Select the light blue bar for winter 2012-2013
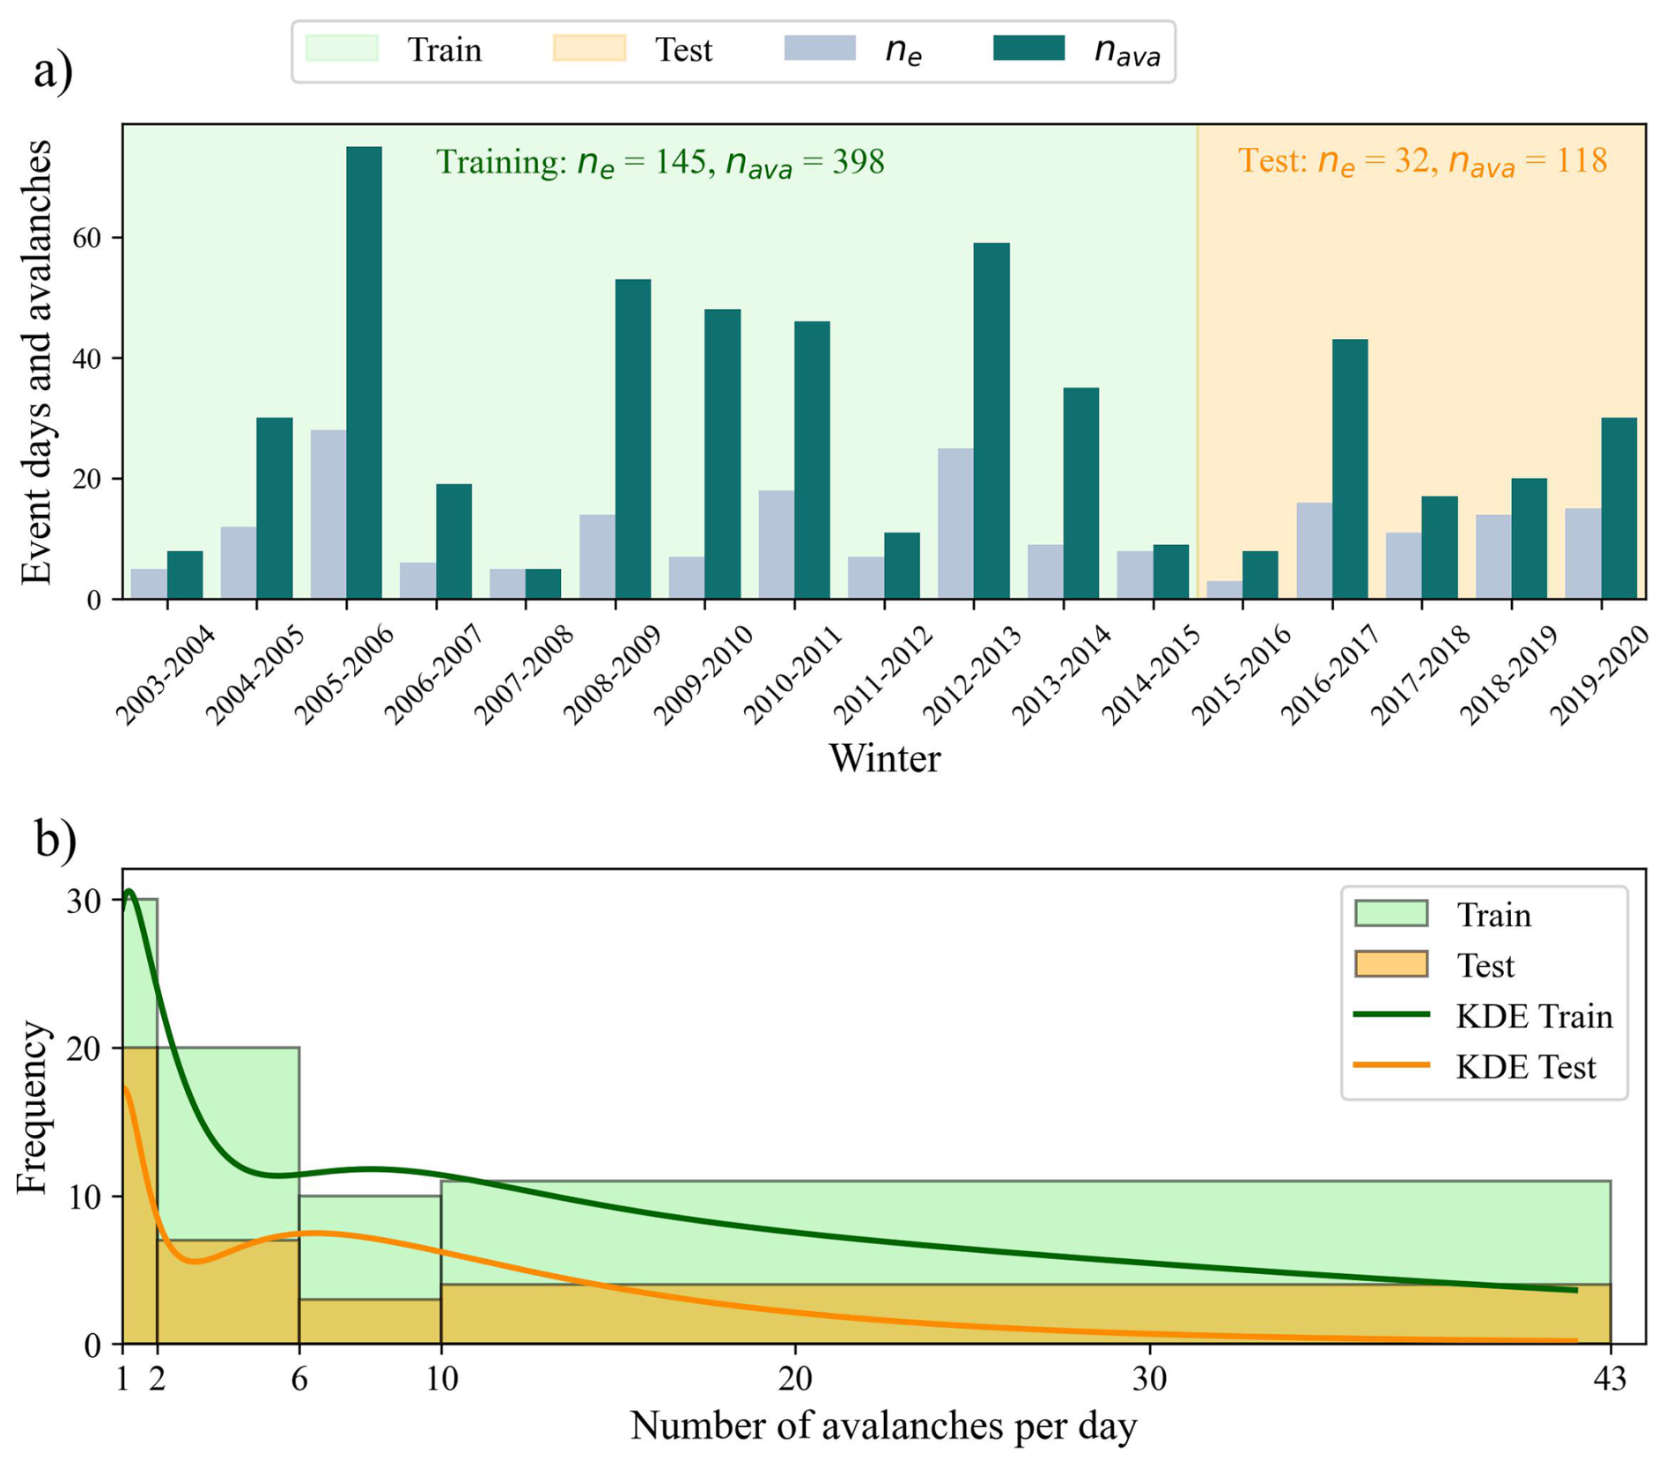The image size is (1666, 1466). [955, 523]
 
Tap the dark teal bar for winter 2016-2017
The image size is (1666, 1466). [1349, 468]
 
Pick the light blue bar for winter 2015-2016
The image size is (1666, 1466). [1223, 589]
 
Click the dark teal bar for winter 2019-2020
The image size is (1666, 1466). [1618, 508]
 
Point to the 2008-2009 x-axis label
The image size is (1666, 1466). [612, 674]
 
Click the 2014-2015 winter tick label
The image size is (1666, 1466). [1151, 674]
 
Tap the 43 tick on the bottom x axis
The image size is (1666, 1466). [1610, 1379]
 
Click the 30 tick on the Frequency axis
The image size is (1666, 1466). [84, 901]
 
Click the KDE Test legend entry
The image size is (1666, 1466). [1525, 1067]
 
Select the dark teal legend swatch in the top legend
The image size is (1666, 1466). [1028, 48]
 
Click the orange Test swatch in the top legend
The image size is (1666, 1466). [588, 48]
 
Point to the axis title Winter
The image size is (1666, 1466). [884, 758]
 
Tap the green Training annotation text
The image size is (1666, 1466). [660, 163]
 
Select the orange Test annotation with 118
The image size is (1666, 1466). [1422, 161]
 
